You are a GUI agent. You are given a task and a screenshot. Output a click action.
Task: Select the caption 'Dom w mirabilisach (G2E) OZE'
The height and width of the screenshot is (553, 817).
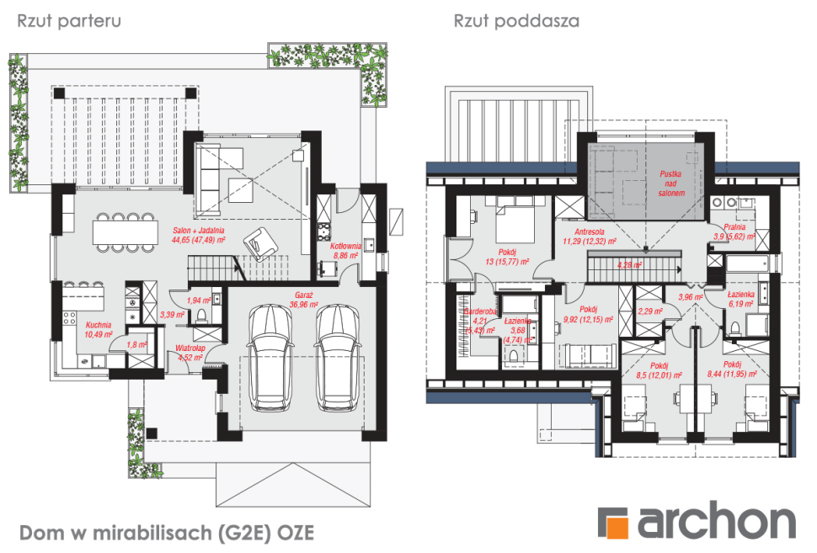tap(166, 533)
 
